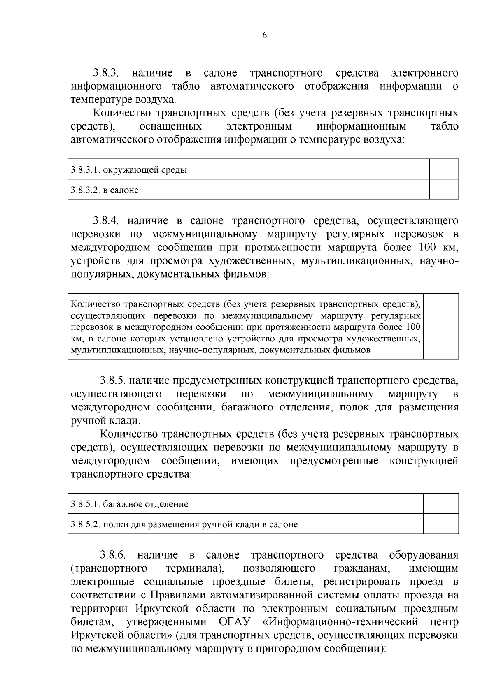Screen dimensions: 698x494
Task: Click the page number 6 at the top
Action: point(264,35)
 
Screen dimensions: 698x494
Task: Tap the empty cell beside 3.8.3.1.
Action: point(444,169)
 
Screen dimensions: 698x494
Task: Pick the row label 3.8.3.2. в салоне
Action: point(105,190)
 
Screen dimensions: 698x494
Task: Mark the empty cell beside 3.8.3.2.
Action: point(444,190)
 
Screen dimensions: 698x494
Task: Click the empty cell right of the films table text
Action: point(441,327)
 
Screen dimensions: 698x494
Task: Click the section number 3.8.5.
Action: point(112,381)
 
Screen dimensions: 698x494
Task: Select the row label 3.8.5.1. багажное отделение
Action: point(130,504)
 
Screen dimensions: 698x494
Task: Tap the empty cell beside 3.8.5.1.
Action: point(441,503)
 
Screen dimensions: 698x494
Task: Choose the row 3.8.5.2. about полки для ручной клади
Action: point(184,524)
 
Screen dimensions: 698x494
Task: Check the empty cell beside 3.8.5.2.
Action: point(441,524)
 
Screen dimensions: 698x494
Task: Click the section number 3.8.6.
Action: point(112,555)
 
